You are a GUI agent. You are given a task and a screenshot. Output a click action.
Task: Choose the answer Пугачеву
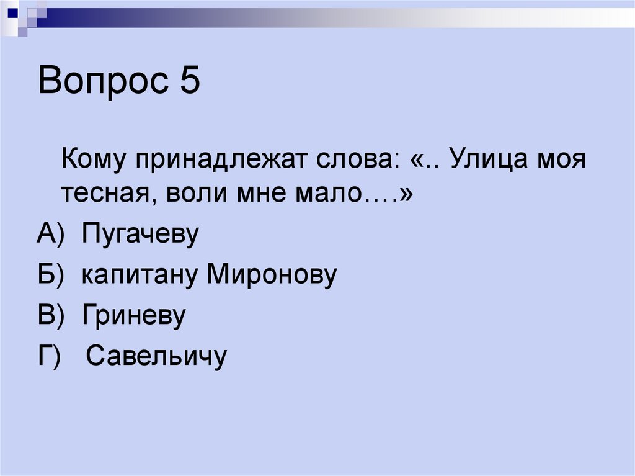point(140,236)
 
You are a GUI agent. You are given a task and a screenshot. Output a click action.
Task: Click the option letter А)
point(51,236)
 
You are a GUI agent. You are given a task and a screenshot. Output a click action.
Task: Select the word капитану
point(140,276)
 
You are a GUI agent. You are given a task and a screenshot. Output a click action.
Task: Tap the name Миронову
point(272,276)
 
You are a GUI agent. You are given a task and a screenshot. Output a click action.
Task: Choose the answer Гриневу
point(133,316)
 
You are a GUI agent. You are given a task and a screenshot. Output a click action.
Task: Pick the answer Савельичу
point(156,356)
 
